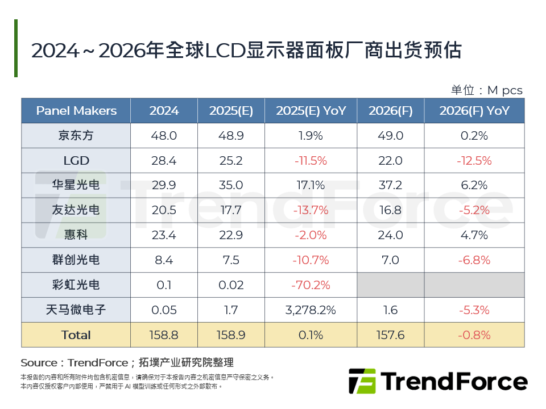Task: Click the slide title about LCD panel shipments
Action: click(x=246, y=51)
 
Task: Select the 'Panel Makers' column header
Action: click(x=76, y=111)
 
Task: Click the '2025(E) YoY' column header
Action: click(x=311, y=111)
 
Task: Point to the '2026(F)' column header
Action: click(x=390, y=111)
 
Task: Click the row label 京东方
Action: click(x=76, y=136)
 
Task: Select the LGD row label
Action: click(x=76, y=161)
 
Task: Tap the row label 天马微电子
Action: click(x=76, y=310)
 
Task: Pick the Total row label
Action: click(x=76, y=335)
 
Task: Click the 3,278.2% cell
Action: click(x=311, y=310)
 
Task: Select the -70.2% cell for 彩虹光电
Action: click(x=311, y=285)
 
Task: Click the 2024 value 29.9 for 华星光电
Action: click(x=164, y=185)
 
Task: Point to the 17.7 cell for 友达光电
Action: click(x=231, y=210)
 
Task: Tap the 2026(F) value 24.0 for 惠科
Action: click(x=390, y=235)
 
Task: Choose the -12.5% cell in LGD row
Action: click(x=474, y=161)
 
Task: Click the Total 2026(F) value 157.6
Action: click(x=390, y=335)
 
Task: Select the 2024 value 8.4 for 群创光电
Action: click(x=164, y=260)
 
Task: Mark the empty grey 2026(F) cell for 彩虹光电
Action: click(x=390, y=285)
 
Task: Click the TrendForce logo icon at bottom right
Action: click(x=362, y=381)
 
